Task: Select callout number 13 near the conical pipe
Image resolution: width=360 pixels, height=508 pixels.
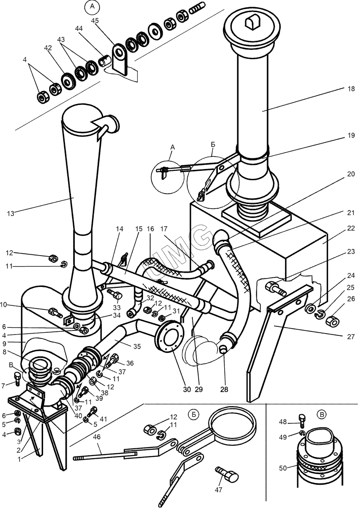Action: (11, 213)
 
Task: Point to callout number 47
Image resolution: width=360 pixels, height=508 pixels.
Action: (218, 490)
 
